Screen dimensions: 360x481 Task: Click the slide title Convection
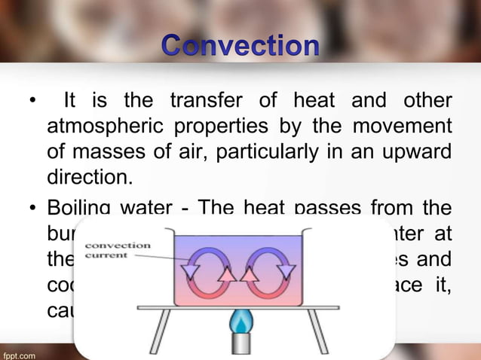pyautogui.click(x=240, y=47)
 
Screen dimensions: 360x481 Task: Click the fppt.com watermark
pyautogui.click(x=19, y=352)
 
